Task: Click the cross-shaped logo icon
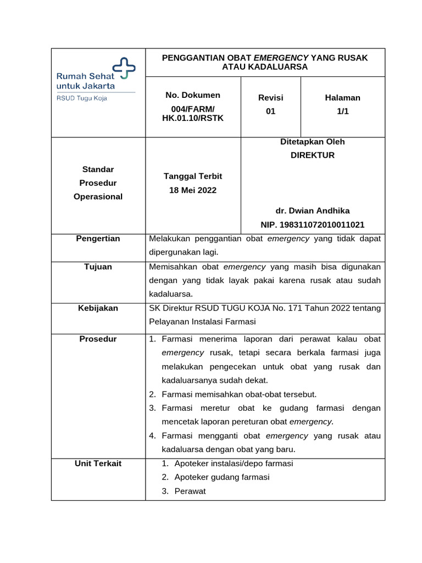click(x=124, y=68)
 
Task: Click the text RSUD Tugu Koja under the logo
click(x=82, y=98)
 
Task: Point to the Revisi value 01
click(x=270, y=111)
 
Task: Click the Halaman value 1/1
click(x=343, y=111)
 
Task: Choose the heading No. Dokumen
click(x=193, y=95)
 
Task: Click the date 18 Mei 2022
click(x=193, y=190)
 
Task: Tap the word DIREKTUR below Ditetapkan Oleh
click(x=313, y=155)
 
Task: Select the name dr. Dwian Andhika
click(x=313, y=211)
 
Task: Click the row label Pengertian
click(x=98, y=239)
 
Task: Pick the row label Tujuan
click(x=98, y=267)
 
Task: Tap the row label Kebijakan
click(x=98, y=308)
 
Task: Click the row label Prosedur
click(x=98, y=339)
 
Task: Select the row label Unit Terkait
click(x=98, y=463)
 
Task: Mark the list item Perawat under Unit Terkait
click(x=190, y=491)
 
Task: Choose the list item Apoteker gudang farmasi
click(x=222, y=477)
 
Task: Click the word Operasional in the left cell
click(x=98, y=196)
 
